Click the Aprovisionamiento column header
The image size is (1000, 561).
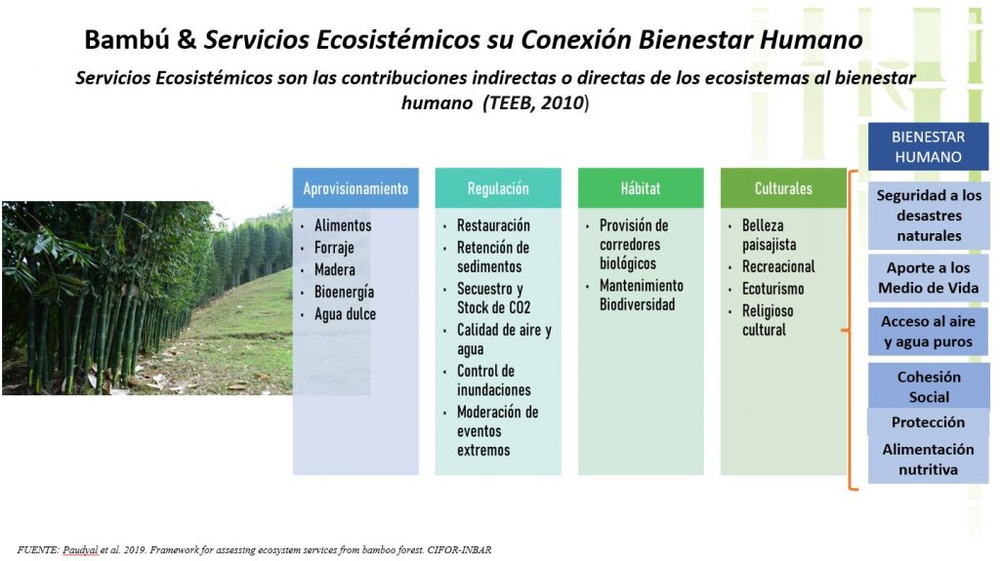[x=355, y=188]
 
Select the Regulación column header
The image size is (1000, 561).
[x=498, y=188]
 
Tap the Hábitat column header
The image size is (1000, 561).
[x=641, y=188]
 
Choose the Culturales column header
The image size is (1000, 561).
[x=783, y=188]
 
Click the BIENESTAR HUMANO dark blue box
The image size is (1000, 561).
[x=928, y=146]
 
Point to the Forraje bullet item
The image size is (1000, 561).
[x=334, y=248]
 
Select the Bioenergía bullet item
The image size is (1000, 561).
[x=344, y=292]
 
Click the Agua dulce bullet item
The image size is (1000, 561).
[x=345, y=314]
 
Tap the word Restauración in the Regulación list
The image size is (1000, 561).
[x=493, y=225]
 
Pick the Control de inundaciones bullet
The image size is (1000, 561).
[x=493, y=380]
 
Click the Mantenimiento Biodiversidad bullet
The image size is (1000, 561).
[x=641, y=296]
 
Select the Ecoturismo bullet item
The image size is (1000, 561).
[x=772, y=289]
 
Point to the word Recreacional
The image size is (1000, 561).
[x=778, y=266]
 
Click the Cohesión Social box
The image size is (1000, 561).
[x=929, y=386]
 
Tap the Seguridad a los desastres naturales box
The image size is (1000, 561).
[x=929, y=216]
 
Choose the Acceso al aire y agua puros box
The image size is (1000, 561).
[x=928, y=332]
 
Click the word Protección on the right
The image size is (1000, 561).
[x=928, y=422]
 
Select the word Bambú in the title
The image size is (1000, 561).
[x=127, y=40]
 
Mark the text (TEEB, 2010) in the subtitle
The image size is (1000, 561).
[x=536, y=102]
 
